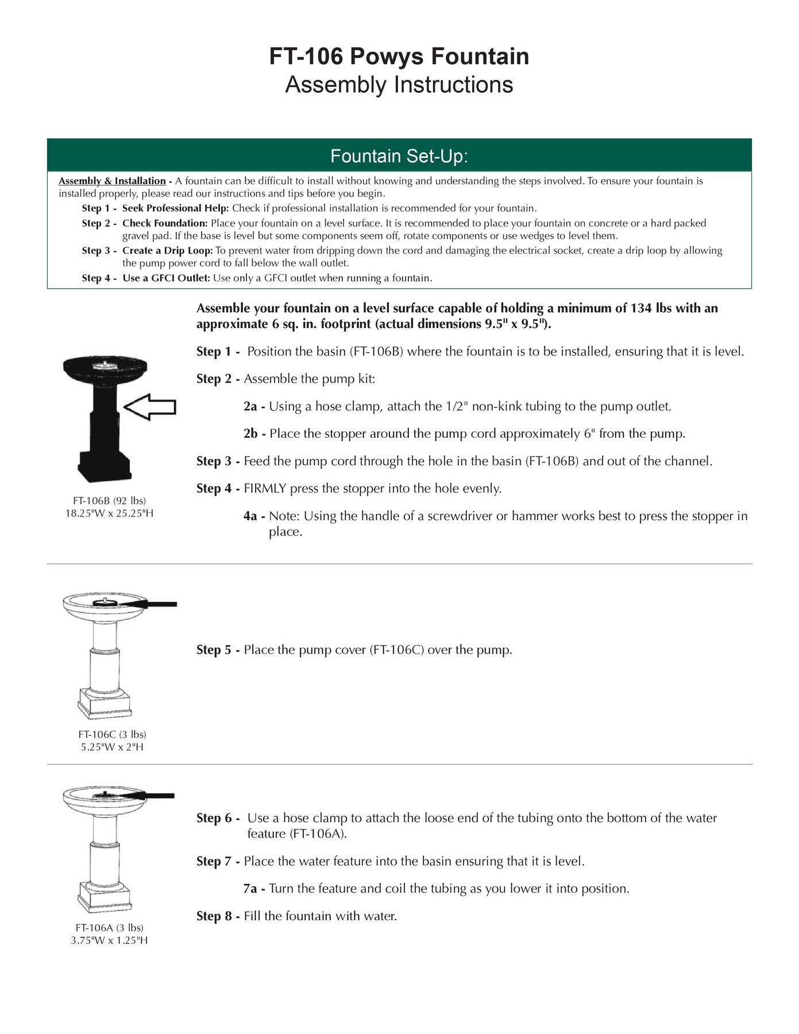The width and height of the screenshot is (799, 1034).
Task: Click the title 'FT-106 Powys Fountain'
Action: (x=399, y=56)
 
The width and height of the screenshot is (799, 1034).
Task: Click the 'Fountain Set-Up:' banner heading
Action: (x=399, y=156)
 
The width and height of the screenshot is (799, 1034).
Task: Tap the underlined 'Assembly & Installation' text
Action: (x=112, y=181)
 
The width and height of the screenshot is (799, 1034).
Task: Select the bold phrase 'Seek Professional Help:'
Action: (x=176, y=209)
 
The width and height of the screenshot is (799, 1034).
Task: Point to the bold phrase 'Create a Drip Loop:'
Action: (x=168, y=250)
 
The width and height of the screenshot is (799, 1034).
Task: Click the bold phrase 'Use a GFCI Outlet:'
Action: (x=167, y=278)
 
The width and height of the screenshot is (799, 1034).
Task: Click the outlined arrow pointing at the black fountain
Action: (x=150, y=407)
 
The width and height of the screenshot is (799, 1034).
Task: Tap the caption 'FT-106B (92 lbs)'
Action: (x=109, y=500)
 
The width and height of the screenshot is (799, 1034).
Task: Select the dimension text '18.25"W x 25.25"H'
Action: (x=109, y=513)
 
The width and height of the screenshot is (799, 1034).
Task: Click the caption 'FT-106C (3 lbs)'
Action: (x=112, y=734)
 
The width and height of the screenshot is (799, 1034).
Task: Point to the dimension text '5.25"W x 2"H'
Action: (x=112, y=747)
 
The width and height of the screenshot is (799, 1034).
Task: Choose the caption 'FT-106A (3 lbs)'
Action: (x=109, y=928)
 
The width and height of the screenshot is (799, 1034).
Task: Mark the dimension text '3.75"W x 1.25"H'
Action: (x=109, y=940)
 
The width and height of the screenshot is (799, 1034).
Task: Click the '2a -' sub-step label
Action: (x=254, y=407)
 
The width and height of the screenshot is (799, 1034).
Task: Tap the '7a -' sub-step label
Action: (x=254, y=889)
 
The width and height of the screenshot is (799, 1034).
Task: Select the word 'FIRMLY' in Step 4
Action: (x=265, y=489)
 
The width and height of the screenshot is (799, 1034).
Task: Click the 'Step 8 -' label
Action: (x=218, y=916)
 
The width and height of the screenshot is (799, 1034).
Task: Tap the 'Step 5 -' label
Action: (x=218, y=650)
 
